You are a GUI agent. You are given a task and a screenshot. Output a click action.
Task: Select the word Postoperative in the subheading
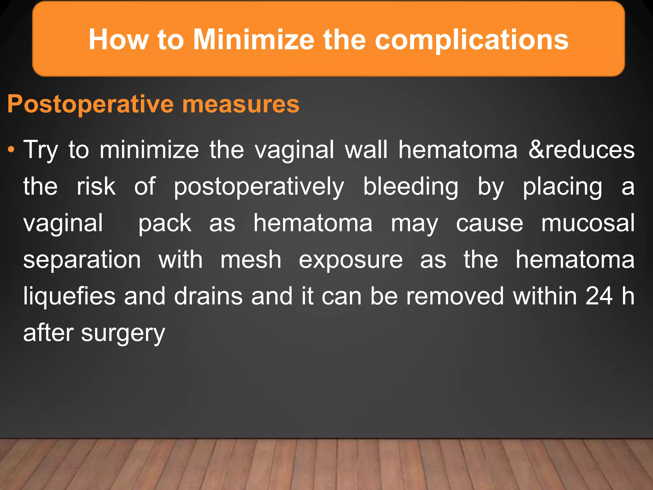(91, 104)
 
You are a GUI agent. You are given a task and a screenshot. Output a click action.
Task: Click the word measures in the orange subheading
(241, 104)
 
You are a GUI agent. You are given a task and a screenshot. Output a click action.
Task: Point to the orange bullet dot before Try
(11, 149)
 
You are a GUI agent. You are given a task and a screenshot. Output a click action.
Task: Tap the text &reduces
(581, 149)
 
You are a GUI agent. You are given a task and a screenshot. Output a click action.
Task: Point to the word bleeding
(411, 187)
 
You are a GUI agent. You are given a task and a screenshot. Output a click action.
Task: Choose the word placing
(562, 187)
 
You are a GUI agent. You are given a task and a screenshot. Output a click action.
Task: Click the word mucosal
(588, 223)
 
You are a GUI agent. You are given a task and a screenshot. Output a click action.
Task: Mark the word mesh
(251, 259)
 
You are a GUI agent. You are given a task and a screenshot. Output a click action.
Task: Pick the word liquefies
(69, 296)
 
